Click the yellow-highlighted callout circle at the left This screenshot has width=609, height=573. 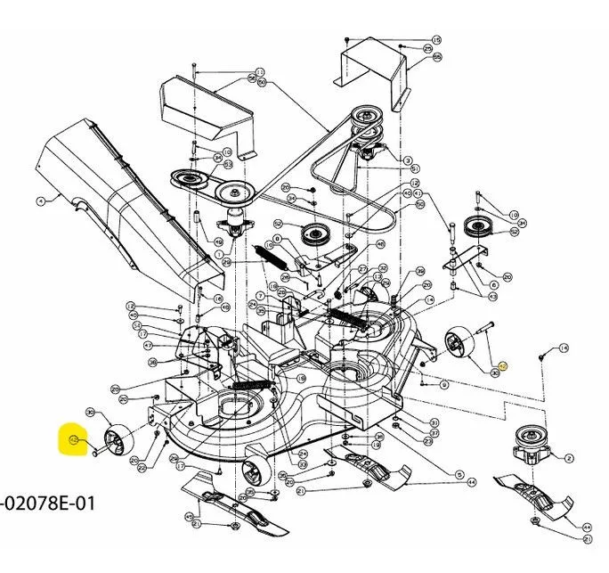(x=74, y=441)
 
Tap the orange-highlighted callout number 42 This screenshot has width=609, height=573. (x=502, y=365)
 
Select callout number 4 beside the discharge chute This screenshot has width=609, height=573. (x=41, y=201)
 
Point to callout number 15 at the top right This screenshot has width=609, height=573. (x=436, y=40)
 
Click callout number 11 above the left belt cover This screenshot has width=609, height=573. (x=260, y=71)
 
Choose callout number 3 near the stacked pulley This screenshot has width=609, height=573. (x=408, y=160)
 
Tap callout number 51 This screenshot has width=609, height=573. (x=416, y=168)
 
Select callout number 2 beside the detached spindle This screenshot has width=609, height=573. (x=569, y=457)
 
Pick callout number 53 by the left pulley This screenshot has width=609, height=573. (x=228, y=164)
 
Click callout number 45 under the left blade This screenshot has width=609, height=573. (x=190, y=516)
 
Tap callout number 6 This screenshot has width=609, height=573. (x=494, y=285)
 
